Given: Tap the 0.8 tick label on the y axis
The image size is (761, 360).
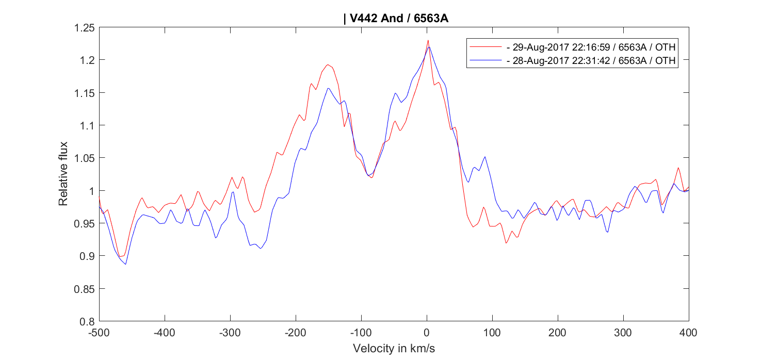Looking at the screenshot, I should point(86,321).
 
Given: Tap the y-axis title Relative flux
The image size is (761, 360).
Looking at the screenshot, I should point(63,174).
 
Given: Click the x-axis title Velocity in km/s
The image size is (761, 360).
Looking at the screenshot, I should point(394,349).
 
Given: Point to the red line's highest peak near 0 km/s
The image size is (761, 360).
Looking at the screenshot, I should point(428,40).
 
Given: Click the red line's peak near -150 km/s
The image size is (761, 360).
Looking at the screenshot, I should point(328,65).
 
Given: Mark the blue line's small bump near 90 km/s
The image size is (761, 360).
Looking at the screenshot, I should point(485,157).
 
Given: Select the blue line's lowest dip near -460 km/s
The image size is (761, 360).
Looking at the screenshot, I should point(125,264).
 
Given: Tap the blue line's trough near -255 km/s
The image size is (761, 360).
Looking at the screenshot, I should point(261,249).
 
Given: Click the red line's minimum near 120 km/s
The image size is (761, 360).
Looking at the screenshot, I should point(506,243).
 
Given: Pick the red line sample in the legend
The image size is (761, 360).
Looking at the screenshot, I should point(485,47).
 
